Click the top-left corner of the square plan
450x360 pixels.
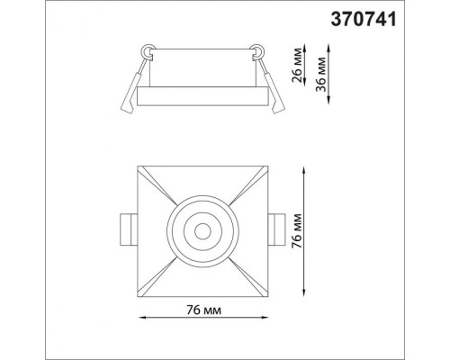138,167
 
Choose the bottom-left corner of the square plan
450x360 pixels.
138,296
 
